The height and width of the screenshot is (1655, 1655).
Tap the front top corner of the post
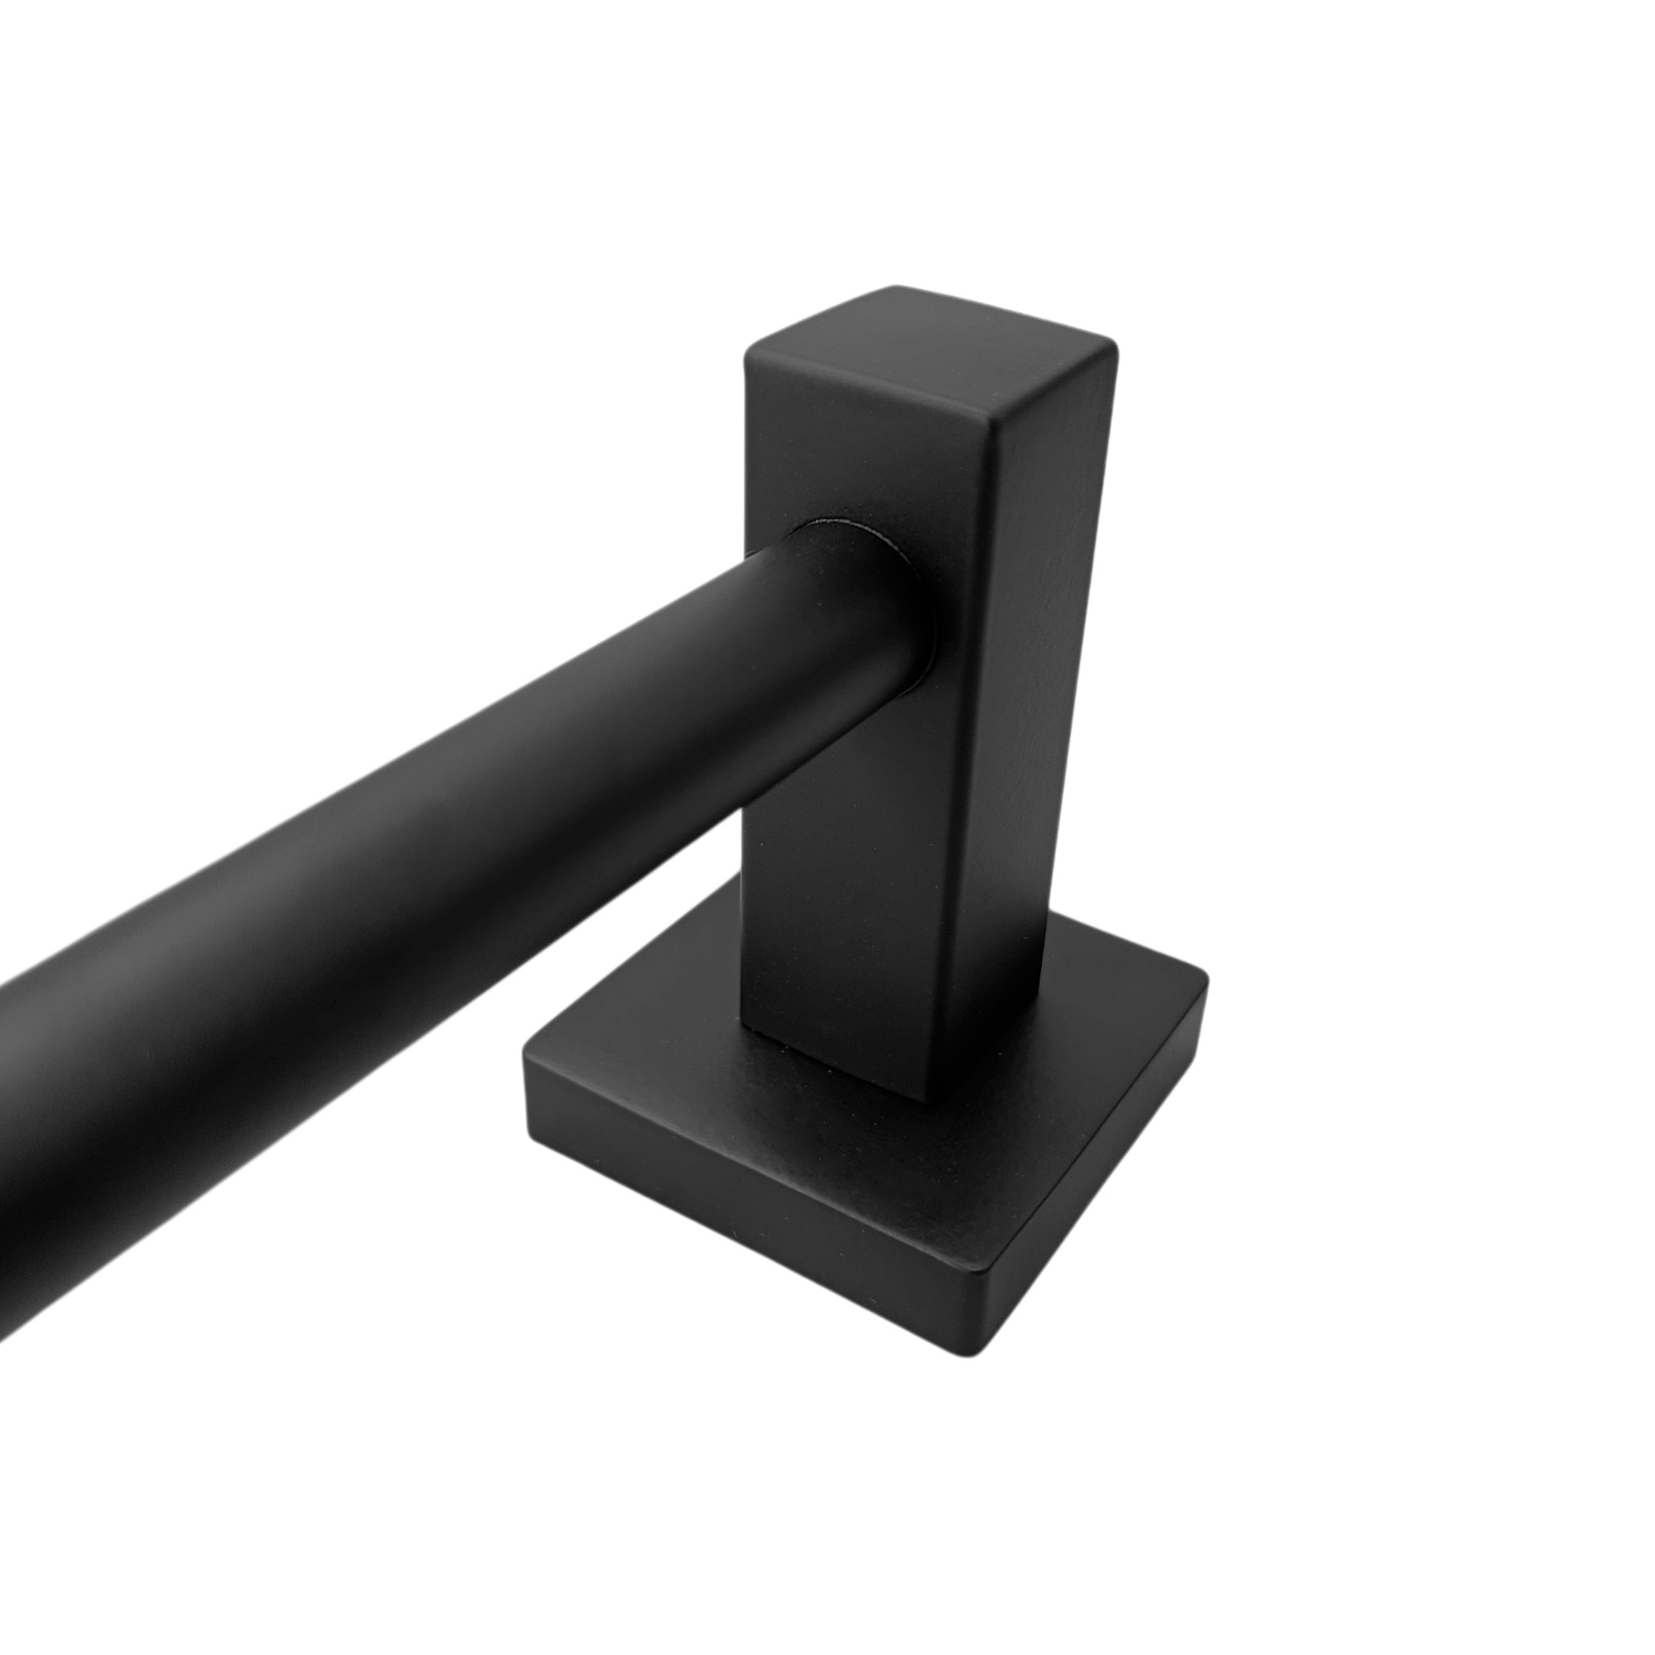click(991, 422)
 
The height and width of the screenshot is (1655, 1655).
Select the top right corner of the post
click(1115, 343)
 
